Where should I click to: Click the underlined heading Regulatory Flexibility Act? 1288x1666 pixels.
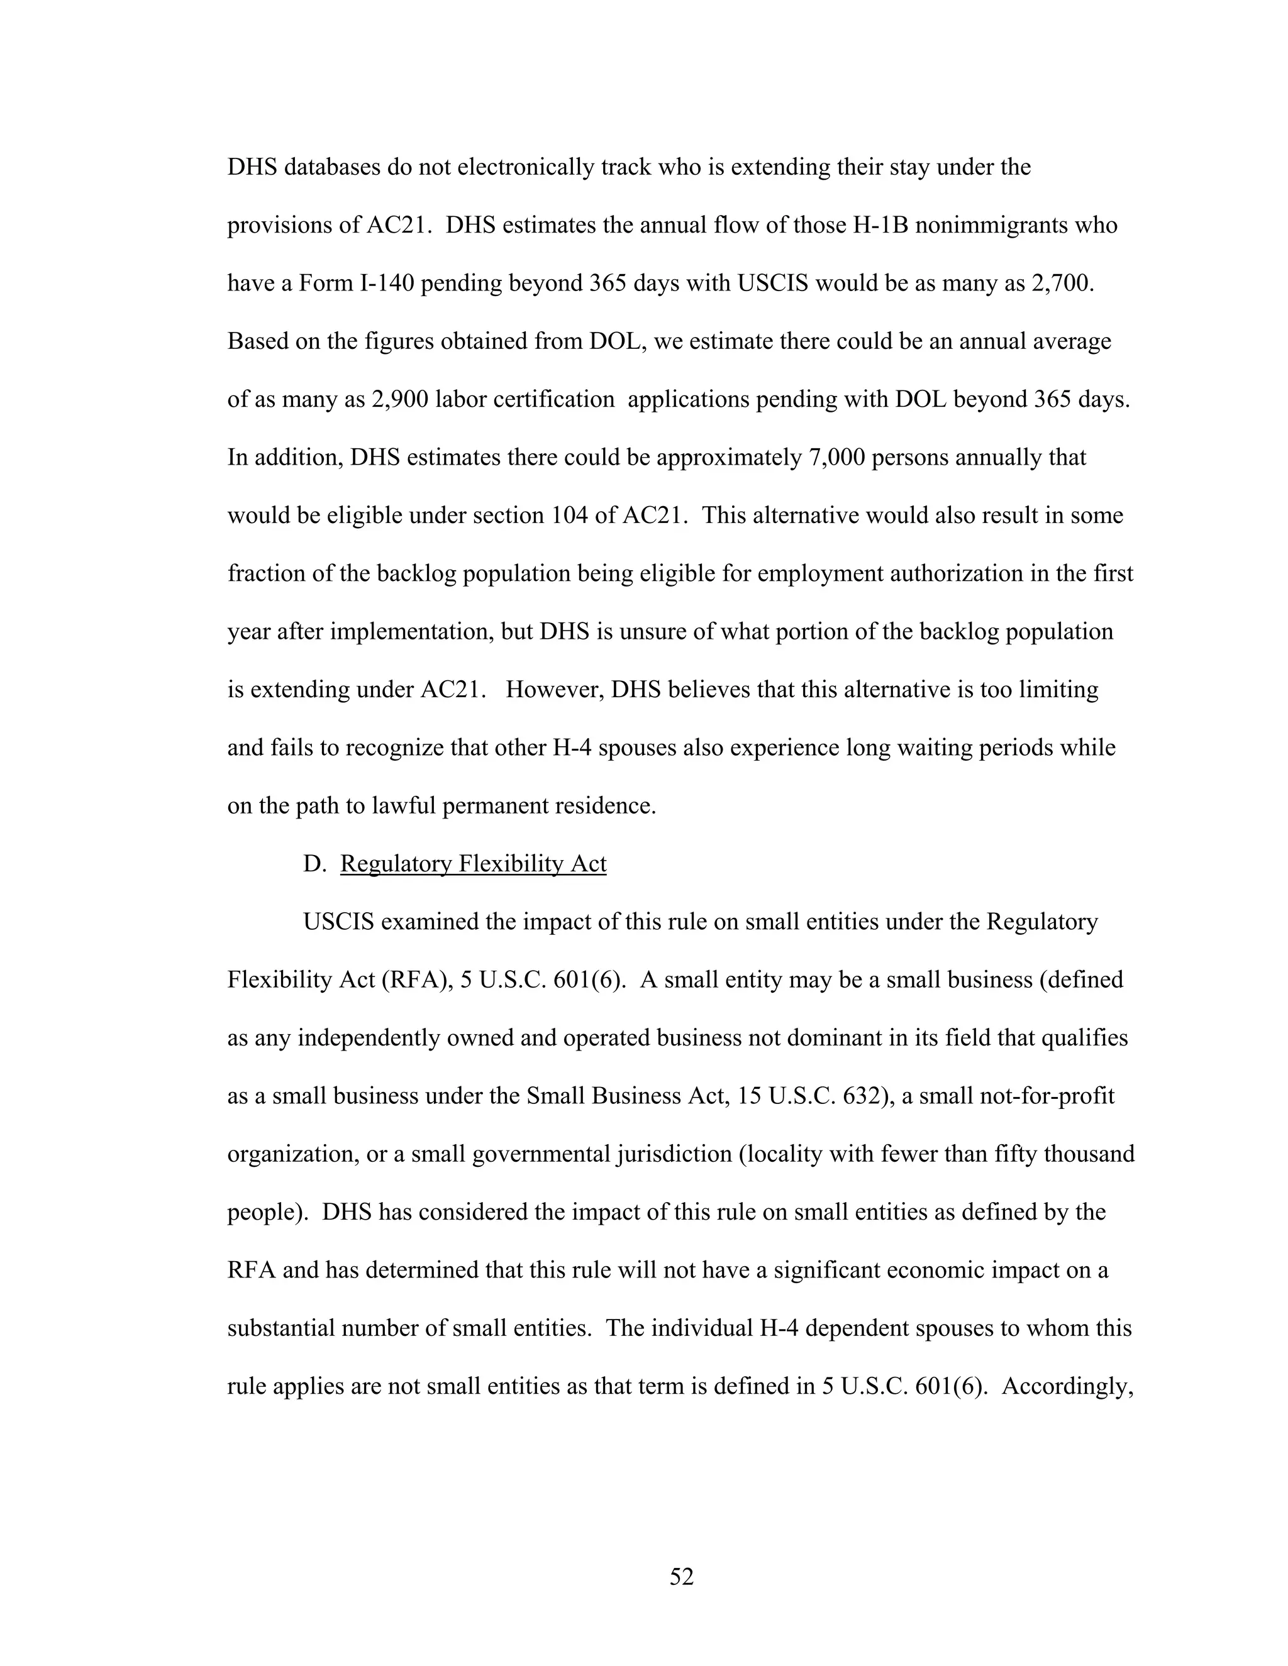click(x=473, y=864)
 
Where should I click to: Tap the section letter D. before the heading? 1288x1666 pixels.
click(x=314, y=864)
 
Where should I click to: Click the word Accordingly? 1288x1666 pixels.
click(x=1067, y=1386)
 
